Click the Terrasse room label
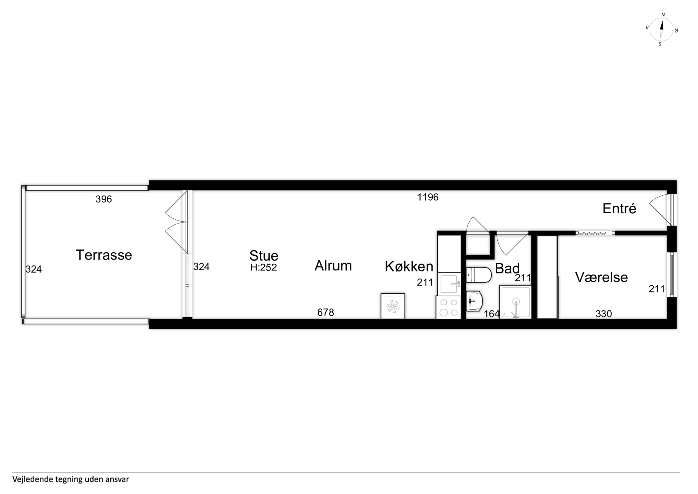104,255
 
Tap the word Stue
264,256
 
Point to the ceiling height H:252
264,267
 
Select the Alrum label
333,266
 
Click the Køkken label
409,266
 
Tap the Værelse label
601,277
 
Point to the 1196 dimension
427,197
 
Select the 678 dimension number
326,312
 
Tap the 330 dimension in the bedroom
604,314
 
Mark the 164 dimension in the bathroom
492,314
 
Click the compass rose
661,30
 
